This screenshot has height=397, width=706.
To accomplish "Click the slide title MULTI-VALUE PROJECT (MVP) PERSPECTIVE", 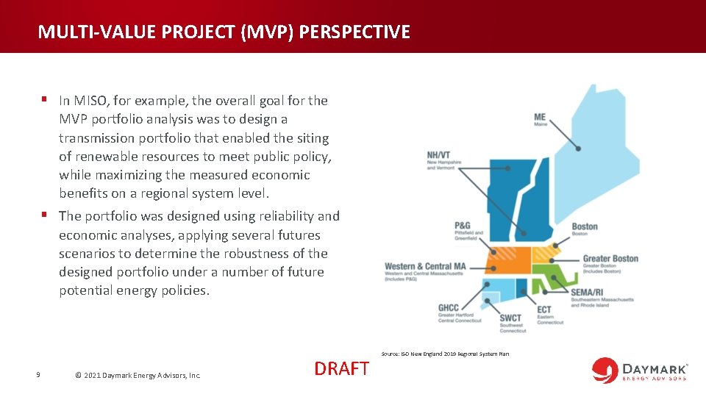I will click(x=224, y=32).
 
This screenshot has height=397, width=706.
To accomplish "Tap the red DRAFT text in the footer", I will click(x=341, y=368).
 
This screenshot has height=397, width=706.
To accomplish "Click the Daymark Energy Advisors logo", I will click(x=640, y=369).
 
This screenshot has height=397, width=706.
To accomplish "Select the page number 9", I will click(x=38, y=375).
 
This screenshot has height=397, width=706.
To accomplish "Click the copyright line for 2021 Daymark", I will click(x=138, y=375).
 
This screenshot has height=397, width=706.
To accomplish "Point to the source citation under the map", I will click(x=444, y=354).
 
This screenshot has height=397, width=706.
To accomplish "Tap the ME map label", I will click(x=541, y=118).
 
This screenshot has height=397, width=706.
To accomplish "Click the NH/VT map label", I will click(x=438, y=155).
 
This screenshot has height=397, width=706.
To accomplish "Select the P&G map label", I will click(x=463, y=226).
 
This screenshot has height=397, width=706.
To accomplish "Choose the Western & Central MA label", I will click(x=425, y=266).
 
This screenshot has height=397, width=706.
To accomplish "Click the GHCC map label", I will click(x=449, y=308).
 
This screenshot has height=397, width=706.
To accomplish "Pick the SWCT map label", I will click(x=510, y=318).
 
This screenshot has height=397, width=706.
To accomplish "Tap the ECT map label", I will click(x=544, y=310).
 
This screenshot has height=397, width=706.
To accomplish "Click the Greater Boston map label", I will click(x=610, y=259).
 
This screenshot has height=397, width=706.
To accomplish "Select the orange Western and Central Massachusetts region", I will click(x=507, y=261).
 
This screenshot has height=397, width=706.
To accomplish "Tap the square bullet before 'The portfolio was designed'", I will click(x=45, y=215).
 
